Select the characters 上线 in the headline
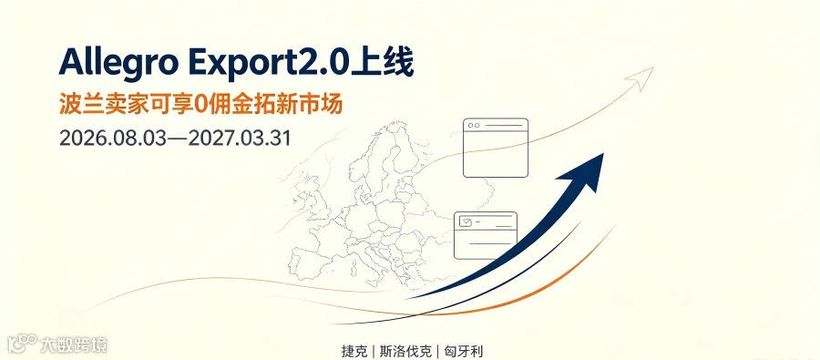coord(383,63)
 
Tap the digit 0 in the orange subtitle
coord(198,105)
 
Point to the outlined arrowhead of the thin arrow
coord(641,77)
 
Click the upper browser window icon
coord(496,148)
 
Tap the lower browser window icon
coord(486,235)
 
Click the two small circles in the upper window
coord(474,126)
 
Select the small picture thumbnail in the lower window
coord(465,222)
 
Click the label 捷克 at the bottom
coord(354,351)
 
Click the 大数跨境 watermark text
coord(74,345)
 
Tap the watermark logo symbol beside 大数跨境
coord(23,345)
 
